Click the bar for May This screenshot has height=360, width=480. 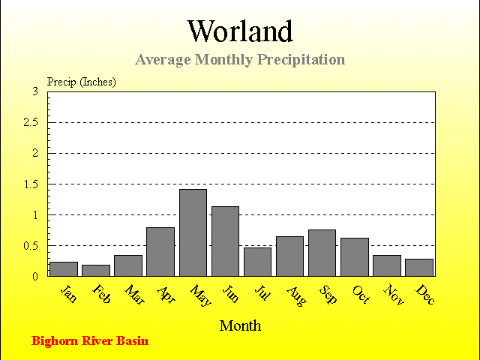click(193, 232)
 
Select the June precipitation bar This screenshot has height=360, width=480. click(225, 241)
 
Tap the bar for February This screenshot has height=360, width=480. click(96, 271)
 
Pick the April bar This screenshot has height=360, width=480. click(160, 252)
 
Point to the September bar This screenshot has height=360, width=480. click(322, 253)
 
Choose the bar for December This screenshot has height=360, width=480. click(419, 268)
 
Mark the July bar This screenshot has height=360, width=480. click(258, 262)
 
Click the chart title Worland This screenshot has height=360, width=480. click(240, 31)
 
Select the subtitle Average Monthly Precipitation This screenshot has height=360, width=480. click(240, 59)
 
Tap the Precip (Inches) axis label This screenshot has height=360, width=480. click(82, 82)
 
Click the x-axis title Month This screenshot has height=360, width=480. click(240, 325)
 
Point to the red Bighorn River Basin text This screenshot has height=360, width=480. click(90, 341)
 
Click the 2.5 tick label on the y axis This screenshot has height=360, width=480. click(31, 122)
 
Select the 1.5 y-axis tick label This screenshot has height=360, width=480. click(31, 184)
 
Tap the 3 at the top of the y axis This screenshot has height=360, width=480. click(35, 91)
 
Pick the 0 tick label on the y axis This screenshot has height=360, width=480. click(35, 277)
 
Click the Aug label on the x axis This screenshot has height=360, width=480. click(297, 296)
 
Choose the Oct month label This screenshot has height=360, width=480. click(361, 295)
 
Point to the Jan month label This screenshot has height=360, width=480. click(69, 294)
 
